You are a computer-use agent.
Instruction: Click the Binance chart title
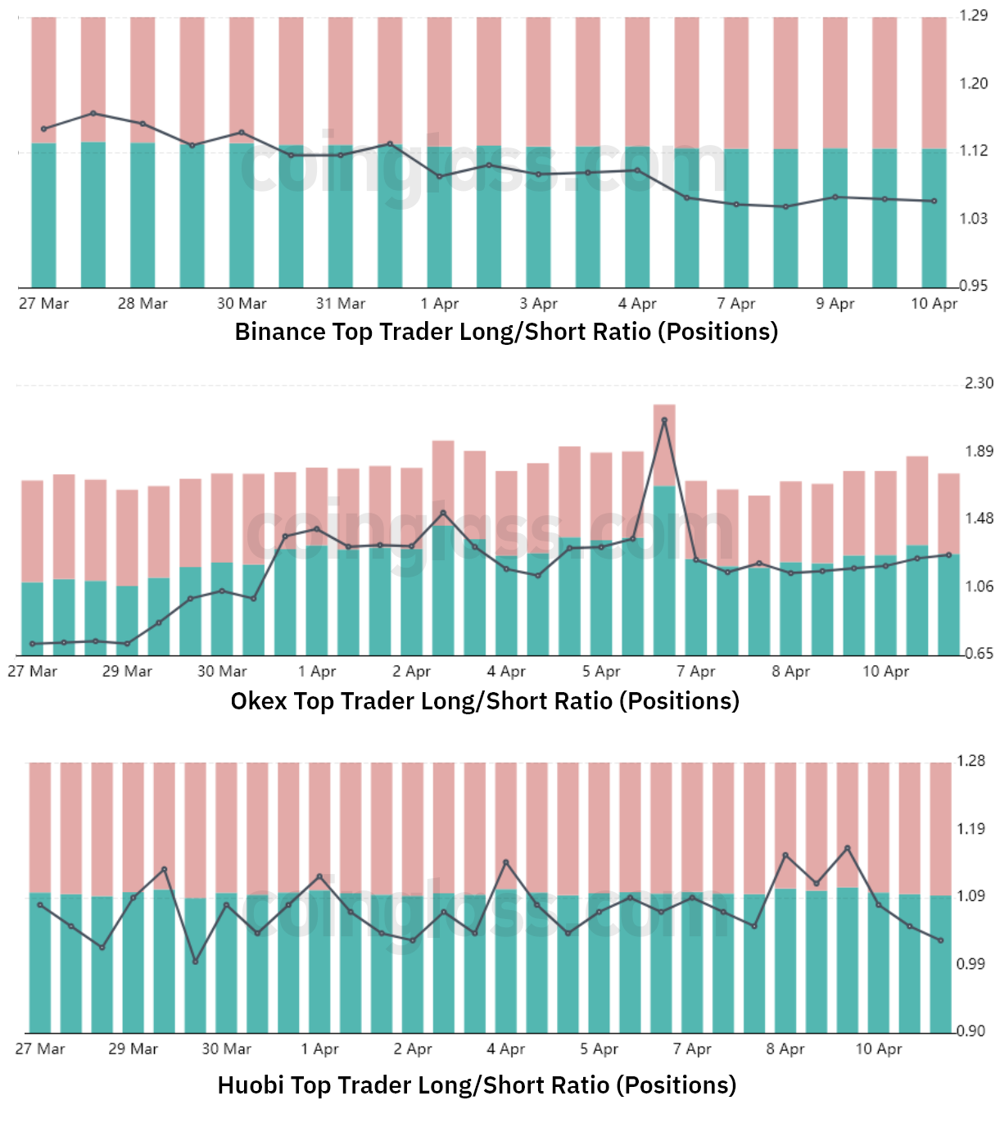tap(506, 332)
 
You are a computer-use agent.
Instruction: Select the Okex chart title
tap(485, 701)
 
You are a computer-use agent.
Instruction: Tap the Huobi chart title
tap(477, 1085)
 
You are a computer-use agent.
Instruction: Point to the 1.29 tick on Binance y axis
tap(973, 16)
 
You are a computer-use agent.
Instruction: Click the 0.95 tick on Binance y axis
tap(973, 286)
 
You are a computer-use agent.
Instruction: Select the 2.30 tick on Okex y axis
tap(979, 383)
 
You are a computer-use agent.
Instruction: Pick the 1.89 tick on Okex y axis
tap(979, 451)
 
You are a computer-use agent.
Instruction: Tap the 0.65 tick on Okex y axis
tap(979, 654)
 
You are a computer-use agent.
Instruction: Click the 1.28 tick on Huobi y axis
tap(971, 761)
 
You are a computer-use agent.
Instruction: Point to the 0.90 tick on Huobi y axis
tap(971, 1031)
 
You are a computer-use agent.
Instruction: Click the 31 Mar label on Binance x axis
tap(341, 304)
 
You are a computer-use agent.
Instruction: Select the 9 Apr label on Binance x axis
tap(835, 304)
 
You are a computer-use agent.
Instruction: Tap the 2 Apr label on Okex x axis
tap(411, 672)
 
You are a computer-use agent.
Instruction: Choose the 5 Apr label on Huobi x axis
tap(599, 1049)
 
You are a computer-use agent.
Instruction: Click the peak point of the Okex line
tap(664, 420)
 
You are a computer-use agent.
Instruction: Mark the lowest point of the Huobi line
tap(195, 962)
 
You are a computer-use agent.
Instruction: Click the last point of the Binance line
tap(934, 202)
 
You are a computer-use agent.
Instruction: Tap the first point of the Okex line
tap(33, 644)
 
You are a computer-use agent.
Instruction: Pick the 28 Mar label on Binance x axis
tap(143, 304)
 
